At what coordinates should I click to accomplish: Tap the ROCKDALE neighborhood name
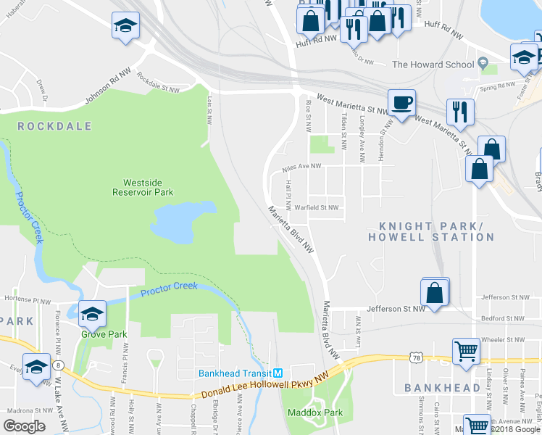(x=54, y=126)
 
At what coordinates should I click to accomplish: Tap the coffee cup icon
(x=401, y=102)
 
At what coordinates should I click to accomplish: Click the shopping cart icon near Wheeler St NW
(x=467, y=351)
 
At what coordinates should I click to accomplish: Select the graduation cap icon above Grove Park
(x=92, y=313)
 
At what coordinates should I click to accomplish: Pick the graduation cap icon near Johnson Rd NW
(x=125, y=25)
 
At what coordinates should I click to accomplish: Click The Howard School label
(x=433, y=65)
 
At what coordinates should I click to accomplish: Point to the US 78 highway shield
(x=415, y=357)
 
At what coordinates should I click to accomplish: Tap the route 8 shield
(x=57, y=365)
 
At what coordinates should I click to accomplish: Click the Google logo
(x=24, y=426)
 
